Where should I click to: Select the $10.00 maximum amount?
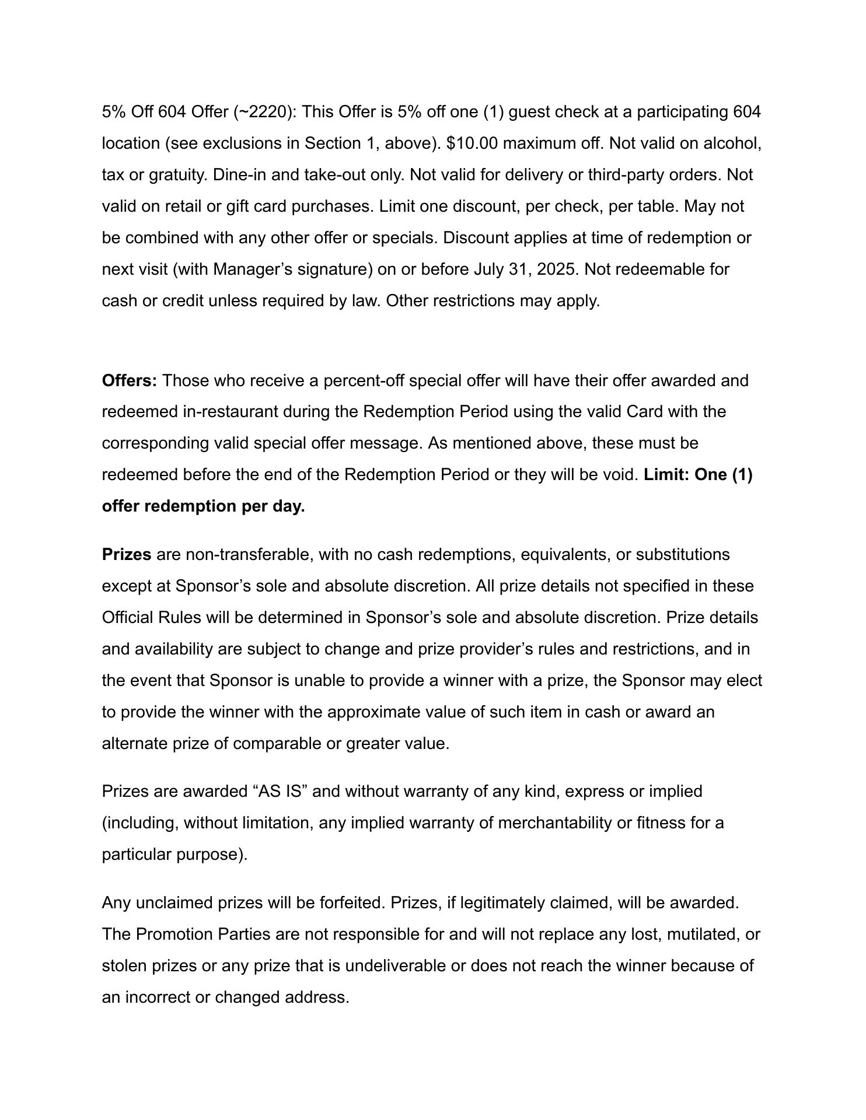(x=472, y=143)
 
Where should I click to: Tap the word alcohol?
(x=732, y=143)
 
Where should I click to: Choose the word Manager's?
(x=253, y=269)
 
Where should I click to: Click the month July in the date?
(x=491, y=269)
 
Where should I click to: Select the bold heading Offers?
(x=130, y=381)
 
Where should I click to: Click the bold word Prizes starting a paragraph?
(x=127, y=554)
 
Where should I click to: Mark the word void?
(x=622, y=475)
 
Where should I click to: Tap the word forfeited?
(x=352, y=903)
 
